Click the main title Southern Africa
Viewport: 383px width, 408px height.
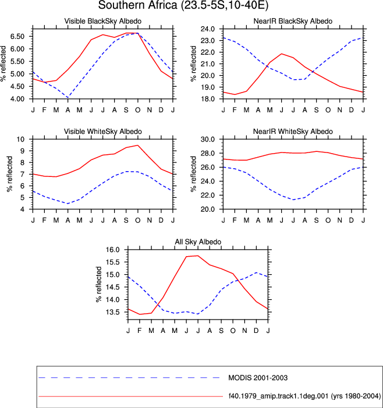[137, 5]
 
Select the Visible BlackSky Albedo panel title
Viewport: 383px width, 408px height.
[103, 21]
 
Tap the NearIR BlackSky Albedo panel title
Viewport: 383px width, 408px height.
[293, 21]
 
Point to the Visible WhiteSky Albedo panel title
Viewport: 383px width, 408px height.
[103, 132]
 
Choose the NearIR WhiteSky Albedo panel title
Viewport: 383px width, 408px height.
[293, 132]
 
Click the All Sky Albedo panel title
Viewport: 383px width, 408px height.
[198, 242]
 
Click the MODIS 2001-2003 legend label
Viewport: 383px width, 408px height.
[258, 378]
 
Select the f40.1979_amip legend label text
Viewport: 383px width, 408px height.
[304, 396]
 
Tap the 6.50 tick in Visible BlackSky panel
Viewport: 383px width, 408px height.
[17, 37]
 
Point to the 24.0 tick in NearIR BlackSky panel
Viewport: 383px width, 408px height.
[208, 29]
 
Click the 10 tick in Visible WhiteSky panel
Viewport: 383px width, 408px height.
[20, 139]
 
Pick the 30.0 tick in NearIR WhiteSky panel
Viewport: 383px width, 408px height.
[208, 139]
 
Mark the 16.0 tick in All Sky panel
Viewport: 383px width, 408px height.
[112, 250]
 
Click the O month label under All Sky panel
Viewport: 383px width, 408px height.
[233, 331]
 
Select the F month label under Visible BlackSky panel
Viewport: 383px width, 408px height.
[44, 110]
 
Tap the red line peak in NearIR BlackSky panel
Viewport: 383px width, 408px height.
[282, 54]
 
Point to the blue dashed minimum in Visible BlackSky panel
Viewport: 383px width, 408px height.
[68, 97]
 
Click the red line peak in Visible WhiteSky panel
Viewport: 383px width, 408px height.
[137, 145]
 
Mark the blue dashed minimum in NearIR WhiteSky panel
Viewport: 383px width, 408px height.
[293, 200]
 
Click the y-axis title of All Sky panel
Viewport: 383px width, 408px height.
[98, 284]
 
